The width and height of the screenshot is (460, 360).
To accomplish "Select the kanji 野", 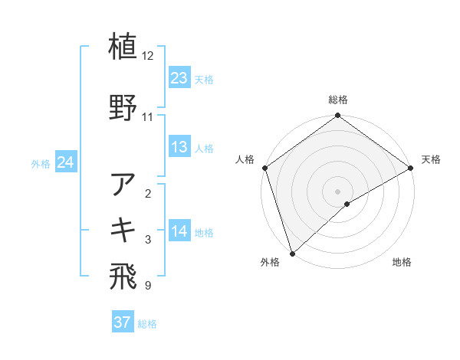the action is [x=123, y=107].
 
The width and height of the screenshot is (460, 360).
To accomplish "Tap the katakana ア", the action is [x=123, y=184].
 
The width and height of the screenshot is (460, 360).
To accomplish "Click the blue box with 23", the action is [x=179, y=78].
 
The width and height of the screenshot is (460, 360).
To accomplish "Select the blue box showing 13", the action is [x=179, y=147].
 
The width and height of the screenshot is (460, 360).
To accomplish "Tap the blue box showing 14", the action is [x=179, y=232].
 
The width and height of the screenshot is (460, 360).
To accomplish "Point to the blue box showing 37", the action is [x=123, y=322].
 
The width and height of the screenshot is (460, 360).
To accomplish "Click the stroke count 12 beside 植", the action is [x=148, y=56].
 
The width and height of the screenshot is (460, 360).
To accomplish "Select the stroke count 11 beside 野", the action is [x=148, y=117].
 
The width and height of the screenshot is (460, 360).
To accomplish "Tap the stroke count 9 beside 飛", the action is [x=147, y=286].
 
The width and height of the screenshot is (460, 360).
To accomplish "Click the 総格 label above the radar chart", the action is [x=338, y=100].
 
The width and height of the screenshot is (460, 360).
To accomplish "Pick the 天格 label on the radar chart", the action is [x=431, y=159].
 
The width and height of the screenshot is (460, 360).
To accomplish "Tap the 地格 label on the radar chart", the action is [x=402, y=262].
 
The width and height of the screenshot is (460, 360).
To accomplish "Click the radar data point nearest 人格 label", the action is [x=264, y=168].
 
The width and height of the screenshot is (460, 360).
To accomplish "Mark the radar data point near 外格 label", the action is [x=292, y=253].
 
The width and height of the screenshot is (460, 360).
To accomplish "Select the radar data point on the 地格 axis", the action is [x=347, y=204].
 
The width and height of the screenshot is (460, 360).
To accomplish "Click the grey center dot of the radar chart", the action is [x=337, y=191].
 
